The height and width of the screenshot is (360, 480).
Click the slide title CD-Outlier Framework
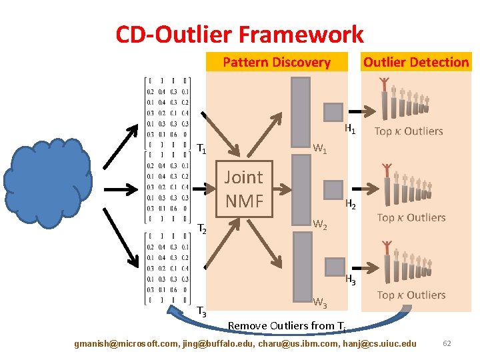[239, 34]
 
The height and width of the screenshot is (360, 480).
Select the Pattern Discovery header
[276, 63]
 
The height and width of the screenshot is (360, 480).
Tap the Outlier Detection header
[415, 62]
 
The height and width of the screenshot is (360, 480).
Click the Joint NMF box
[243, 189]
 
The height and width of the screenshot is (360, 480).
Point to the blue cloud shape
[47, 181]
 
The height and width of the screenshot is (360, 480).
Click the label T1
[201, 149]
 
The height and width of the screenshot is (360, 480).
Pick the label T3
[201, 311]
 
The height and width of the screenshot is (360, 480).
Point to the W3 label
[320, 304]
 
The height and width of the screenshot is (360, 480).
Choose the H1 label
[350, 129]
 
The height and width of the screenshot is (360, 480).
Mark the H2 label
[350, 205]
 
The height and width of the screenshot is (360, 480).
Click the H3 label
[350, 281]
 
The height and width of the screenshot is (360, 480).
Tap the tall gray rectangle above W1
[301, 109]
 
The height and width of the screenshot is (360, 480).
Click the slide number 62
[447, 343]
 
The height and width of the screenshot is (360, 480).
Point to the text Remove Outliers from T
[287, 326]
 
